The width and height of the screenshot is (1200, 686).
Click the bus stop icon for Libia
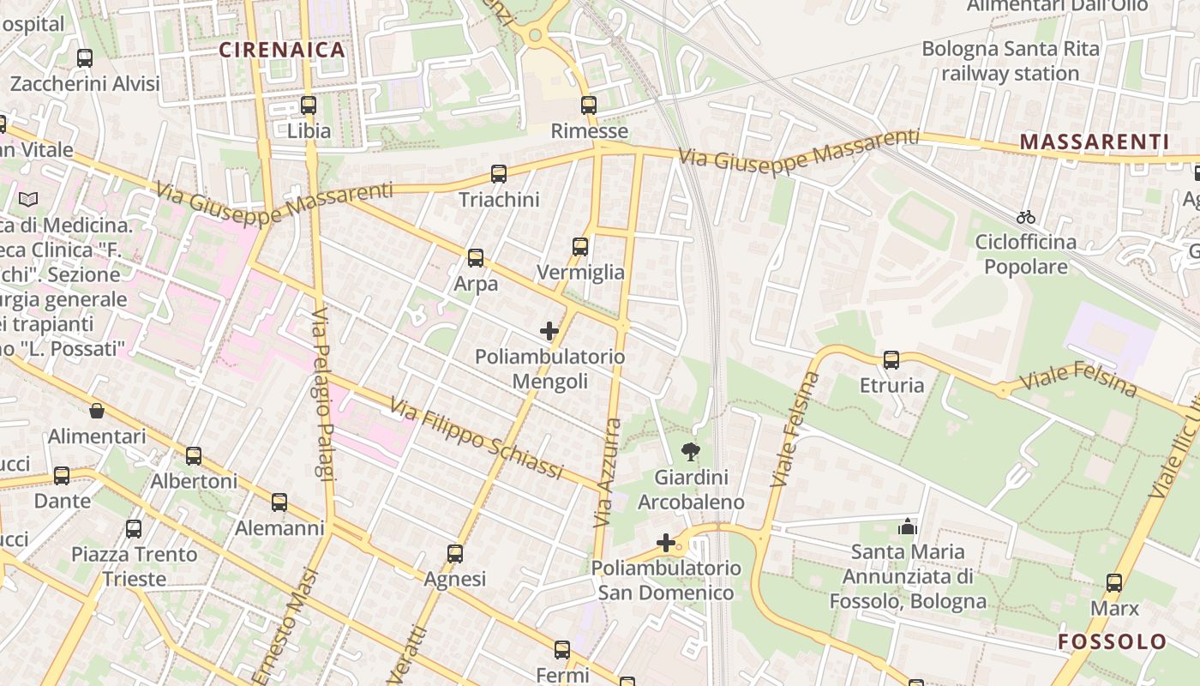(309, 105)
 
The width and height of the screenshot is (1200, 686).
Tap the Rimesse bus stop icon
(588, 105)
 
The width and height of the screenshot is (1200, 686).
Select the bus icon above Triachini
(499, 174)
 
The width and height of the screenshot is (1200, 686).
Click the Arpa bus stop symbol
(476, 257)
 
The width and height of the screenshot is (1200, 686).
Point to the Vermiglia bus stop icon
(580, 247)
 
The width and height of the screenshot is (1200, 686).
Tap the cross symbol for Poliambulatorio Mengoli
(549, 331)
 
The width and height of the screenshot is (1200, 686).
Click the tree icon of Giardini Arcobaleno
(690, 452)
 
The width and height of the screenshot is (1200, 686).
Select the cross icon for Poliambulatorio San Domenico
(666, 542)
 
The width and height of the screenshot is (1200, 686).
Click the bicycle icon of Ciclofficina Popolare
(1025, 217)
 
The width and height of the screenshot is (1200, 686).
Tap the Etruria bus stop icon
(891, 359)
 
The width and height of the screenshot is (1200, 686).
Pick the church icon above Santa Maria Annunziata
(908, 527)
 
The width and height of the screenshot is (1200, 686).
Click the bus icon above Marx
(1114, 583)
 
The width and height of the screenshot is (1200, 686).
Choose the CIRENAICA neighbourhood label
(282, 50)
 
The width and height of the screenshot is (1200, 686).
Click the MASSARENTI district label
(1095, 141)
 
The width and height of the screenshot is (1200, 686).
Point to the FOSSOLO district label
(1112, 641)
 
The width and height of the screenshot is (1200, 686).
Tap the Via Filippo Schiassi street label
(477, 438)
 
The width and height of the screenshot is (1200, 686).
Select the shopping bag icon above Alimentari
(97, 411)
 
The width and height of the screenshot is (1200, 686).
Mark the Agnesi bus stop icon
(455, 554)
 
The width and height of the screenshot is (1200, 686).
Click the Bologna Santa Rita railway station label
(1010, 61)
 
